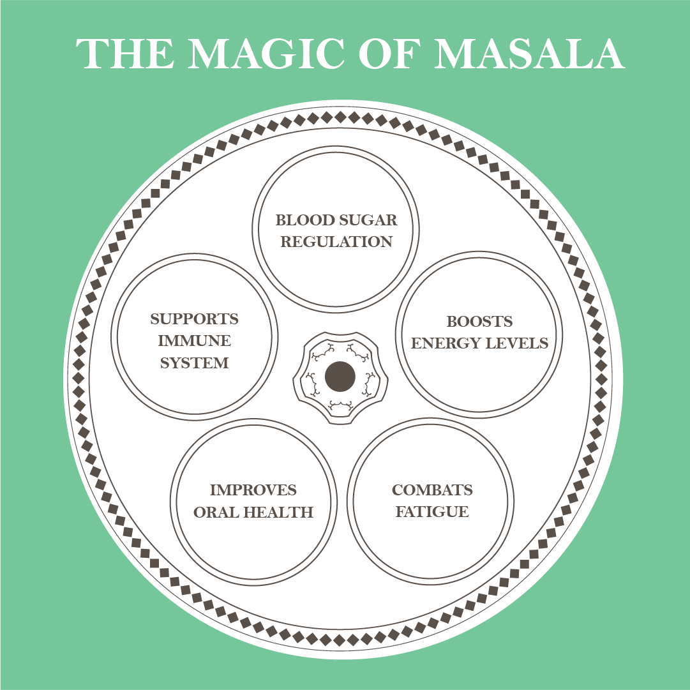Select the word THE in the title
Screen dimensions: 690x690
[125, 54]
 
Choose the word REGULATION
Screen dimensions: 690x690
[336, 242]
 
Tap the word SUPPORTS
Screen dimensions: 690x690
[194, 319]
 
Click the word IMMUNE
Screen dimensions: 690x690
[194, 341]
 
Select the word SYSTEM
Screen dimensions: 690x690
[194, 363]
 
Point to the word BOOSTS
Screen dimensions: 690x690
[479, 321]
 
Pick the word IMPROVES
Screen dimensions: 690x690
[253, 490]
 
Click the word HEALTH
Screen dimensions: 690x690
[281, 512]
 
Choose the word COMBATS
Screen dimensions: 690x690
[432, 490]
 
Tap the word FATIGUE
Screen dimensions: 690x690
[432, 512]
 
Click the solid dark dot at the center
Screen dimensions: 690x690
[340, 377]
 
